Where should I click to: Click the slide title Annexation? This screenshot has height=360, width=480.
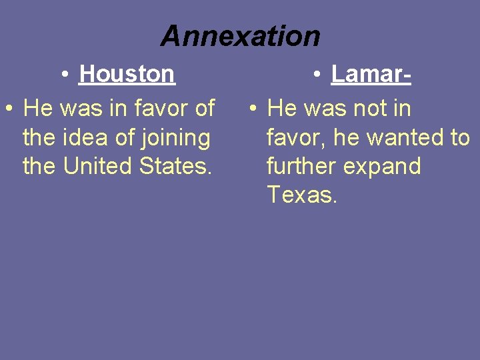coord(240,36)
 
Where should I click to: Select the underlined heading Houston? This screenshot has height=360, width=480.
coord(127,74)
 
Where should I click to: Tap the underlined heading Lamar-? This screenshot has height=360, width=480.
coord(371,74)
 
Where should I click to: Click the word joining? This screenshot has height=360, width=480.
coord(177,138)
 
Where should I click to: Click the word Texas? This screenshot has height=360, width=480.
coord(302,195)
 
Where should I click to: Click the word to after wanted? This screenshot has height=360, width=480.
coord(459,137)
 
